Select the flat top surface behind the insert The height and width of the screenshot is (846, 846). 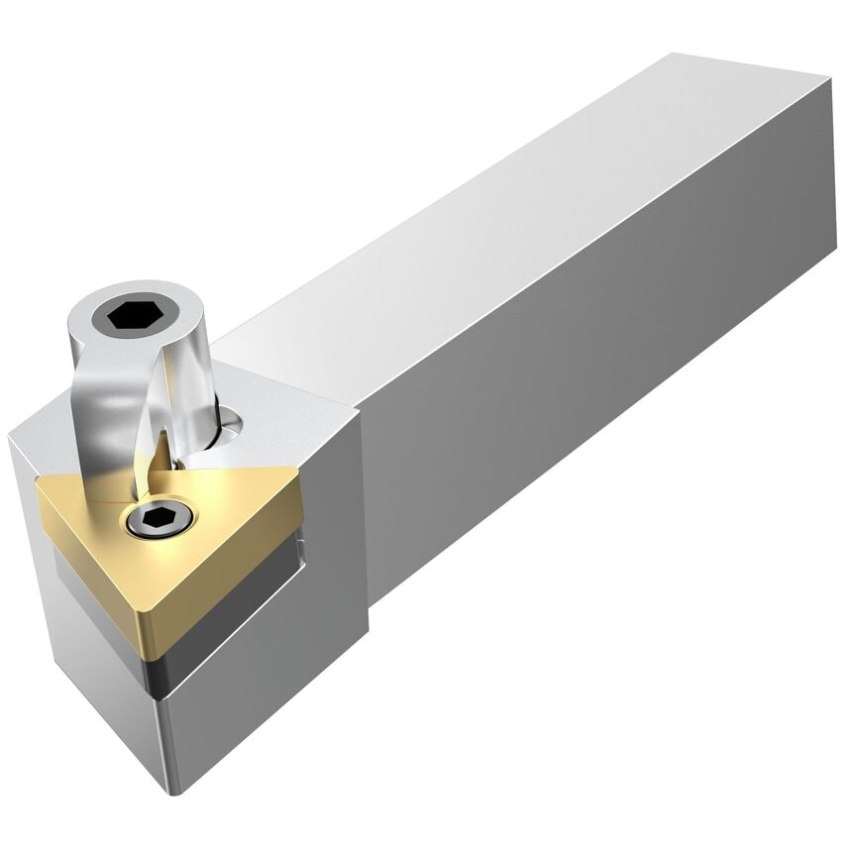287,406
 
